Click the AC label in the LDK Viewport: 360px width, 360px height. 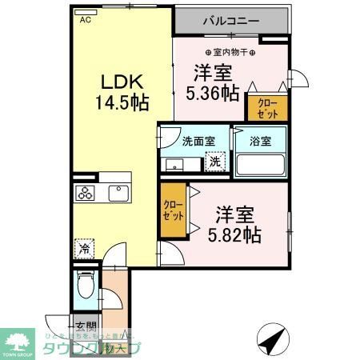pyautogui.click(x=84, y=22)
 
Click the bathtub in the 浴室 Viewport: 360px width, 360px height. pyautogui.click(x=260, y=163)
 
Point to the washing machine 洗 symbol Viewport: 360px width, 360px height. pyautogui.click(x=214, y=162)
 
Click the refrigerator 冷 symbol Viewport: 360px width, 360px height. pyautogui.click(x=84, y=248)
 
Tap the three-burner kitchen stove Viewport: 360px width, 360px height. pyautogui.click(x=86, y=194)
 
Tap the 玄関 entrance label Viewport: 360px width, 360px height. pyautogui.click(x=86, y=326)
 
